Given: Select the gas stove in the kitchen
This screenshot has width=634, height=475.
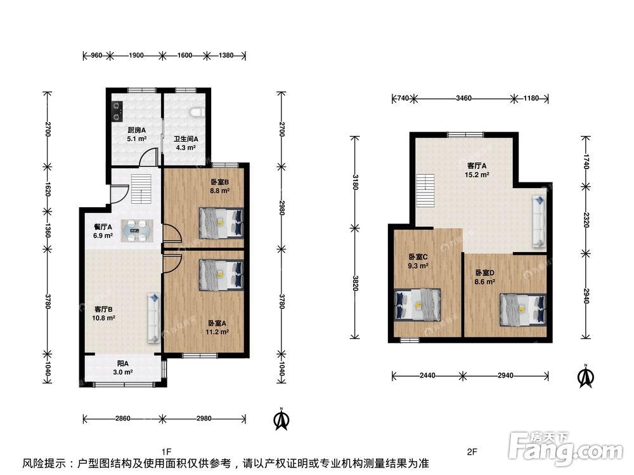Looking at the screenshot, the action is click(117, 111).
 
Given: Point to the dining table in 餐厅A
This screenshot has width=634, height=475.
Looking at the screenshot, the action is click(137, 231).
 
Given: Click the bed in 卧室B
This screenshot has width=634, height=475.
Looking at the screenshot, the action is click(221, 222).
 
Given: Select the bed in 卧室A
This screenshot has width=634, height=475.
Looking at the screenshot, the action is click(221, 275).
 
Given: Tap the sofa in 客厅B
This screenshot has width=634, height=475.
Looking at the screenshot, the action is click(153, 319).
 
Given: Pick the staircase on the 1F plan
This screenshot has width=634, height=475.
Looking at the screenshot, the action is click(141, 189).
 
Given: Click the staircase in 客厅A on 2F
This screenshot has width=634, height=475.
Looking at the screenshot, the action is click(425, 190).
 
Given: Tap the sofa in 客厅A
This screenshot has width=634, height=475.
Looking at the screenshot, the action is click(539, 221).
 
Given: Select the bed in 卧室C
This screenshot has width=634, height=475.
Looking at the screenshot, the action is click(418, 305).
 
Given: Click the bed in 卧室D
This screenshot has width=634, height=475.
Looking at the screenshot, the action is click(523, 309).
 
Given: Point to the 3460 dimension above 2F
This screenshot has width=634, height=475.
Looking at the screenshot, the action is click(463, 98).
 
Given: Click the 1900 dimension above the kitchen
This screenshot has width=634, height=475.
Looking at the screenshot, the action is click(136, 55).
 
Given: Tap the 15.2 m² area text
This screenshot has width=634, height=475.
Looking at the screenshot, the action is click(477, 175).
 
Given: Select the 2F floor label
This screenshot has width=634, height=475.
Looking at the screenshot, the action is click(472, 452).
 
